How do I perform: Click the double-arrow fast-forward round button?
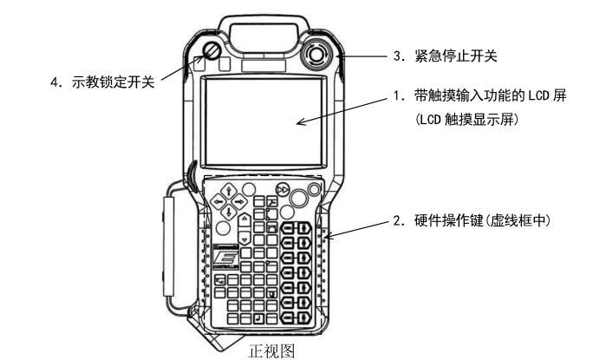coord(282,190)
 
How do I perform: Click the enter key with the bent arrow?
coord(257,318)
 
